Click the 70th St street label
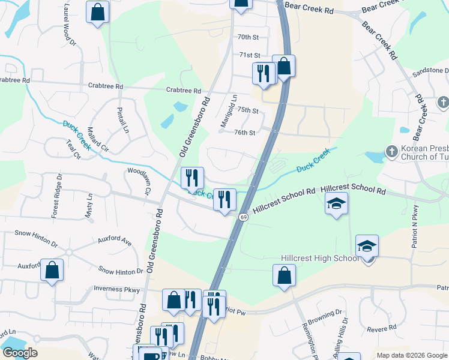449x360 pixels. [x=247, y=37]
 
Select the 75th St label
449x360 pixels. [x=247, y=110]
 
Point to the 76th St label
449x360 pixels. [x=244, y=133]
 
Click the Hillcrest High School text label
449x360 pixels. [x=319, y=258]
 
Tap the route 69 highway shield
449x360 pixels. [x=243, y=216]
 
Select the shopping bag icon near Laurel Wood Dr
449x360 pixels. [x=97, y=12]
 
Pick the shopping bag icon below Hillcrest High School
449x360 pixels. [x=285, y=275]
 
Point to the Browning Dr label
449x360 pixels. [x=330, y=313]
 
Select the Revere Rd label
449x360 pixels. [x=379, y=329]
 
